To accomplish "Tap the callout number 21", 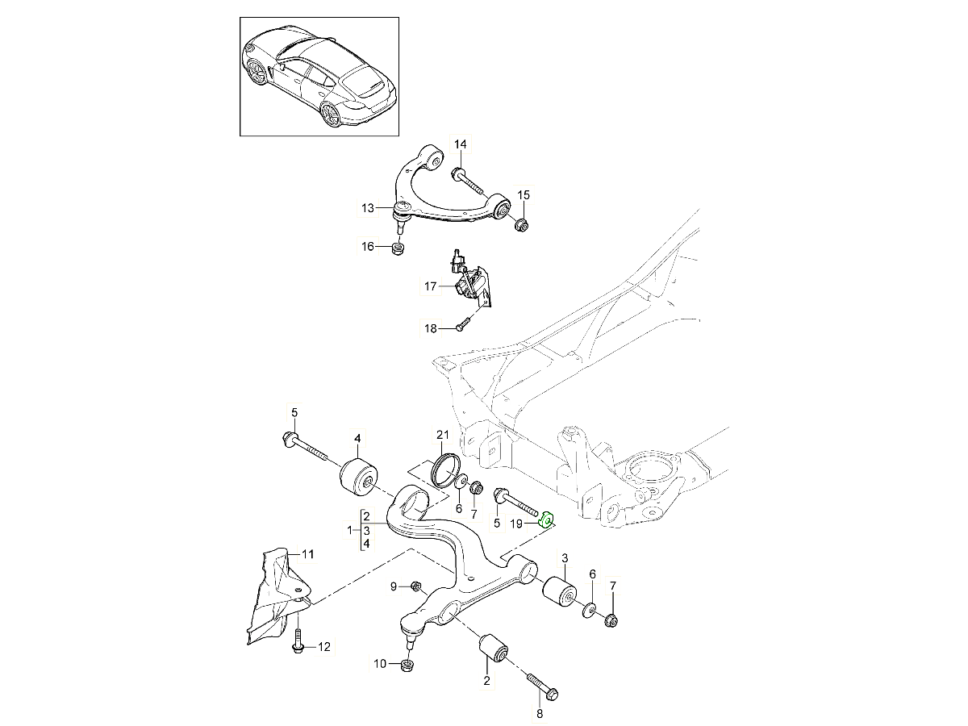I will [x=441, y=435].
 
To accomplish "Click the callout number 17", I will [x=431, y=286].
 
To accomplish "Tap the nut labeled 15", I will [x=522, y=224].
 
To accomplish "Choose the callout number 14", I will [x=460, y=145].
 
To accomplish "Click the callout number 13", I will [x=368, y=209].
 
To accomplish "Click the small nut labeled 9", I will [x=417, y=586].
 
